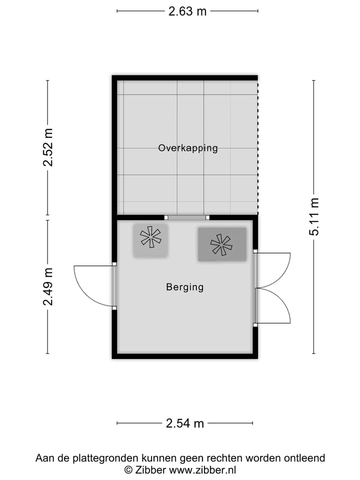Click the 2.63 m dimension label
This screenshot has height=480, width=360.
tap(187, 11)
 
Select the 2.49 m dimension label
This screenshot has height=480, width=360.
tap(48, 286)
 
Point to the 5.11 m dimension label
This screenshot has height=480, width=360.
tap(314, 216)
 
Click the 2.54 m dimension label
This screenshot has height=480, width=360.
tap(185, 423)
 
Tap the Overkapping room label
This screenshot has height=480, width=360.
tap(188, 148)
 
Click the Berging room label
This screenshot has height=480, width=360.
tap(185, 287)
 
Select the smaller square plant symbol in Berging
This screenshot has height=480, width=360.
tap(150, 240)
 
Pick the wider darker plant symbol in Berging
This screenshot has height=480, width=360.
tap(221, 244)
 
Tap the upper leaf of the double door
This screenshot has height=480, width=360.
tap(273, 270)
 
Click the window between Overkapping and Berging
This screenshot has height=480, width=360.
tap(186, 217)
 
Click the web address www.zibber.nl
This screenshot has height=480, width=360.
tap(202, 469)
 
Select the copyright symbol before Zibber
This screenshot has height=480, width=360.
tap(128, 469)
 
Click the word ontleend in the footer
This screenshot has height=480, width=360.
tap(305, 458)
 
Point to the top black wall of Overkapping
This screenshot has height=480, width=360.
tap(185, 77)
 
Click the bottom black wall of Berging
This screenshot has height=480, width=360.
tap(185, 356)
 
